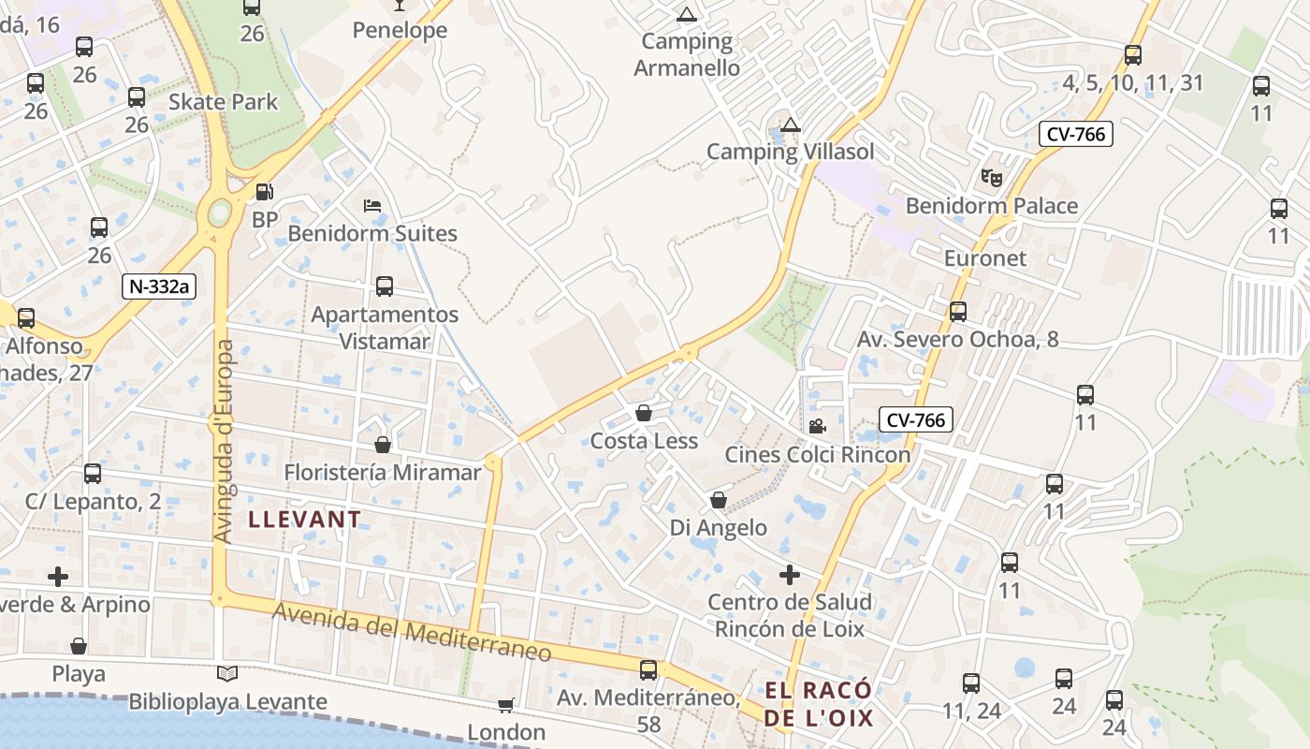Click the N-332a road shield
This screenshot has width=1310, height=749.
159,286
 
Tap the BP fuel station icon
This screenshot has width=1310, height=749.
266,192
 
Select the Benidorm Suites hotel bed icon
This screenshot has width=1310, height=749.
372,205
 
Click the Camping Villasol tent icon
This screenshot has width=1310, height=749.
791,125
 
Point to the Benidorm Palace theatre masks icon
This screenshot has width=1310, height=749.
991,176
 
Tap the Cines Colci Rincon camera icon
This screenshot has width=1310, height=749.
817,427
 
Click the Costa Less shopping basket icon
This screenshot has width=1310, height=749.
644,413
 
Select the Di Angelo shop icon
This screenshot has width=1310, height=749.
719,500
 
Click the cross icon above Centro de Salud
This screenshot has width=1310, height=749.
790,574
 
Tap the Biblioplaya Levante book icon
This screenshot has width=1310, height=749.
227,673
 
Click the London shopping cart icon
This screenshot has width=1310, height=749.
506,704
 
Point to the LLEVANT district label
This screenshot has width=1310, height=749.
304,520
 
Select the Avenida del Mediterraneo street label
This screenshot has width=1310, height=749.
413,635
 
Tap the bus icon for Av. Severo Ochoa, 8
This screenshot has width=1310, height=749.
958,312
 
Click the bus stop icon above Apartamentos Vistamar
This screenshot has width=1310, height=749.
385,286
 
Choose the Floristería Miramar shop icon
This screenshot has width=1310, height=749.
383,444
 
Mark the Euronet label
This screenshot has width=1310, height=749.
985,257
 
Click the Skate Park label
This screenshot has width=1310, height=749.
224,101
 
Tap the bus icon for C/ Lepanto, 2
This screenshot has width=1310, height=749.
93,474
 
